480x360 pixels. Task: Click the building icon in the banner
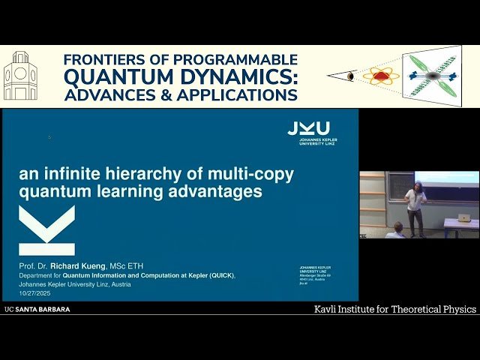point(20,76)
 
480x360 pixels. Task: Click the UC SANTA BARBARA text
point(37,309)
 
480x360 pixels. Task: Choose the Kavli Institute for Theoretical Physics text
point(394,309)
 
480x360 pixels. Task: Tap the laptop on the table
point(463,217)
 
